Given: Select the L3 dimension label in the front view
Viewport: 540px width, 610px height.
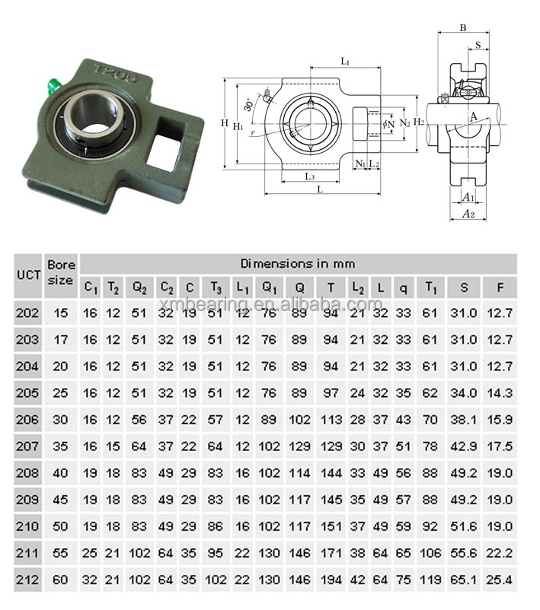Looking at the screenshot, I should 310,176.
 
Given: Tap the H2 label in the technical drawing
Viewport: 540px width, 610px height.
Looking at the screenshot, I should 419,121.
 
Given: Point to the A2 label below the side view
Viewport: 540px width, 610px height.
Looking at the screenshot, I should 468,215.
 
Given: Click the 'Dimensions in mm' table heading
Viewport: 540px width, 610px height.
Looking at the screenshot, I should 298,264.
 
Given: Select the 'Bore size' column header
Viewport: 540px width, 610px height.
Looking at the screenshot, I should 61,272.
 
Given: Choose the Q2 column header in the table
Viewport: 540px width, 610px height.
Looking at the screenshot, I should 139,288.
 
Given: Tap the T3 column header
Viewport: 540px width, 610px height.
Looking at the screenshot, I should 216,288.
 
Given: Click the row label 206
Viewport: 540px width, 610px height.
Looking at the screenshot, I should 28,419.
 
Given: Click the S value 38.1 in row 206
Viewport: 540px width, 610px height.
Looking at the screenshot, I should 463,419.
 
